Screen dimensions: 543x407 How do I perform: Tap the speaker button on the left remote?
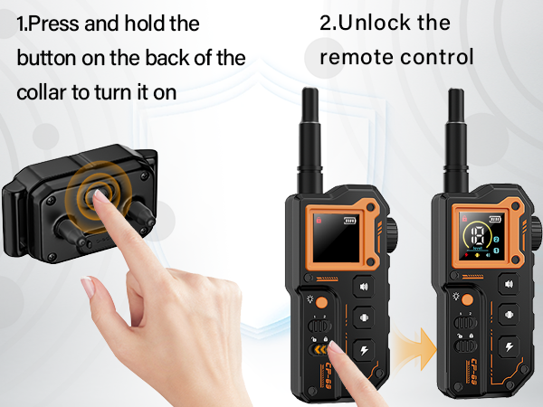[x=364, y=287]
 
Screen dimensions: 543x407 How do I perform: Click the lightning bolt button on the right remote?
[x=509, y=346]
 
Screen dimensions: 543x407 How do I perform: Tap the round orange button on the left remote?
[x=321, y=302]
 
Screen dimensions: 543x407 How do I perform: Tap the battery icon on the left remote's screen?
[x=349, y=220]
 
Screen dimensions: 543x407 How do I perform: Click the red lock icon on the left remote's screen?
[x=319, y=220]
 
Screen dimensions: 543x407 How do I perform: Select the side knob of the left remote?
[x=393, y=236]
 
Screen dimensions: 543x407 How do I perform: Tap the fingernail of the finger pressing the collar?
[x=101, y=196]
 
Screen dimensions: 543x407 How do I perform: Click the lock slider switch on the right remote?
[x=465, y=345]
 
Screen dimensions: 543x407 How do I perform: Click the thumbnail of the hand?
[x=88, y=287]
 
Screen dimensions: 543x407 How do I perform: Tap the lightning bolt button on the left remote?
[x=364, y=349]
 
